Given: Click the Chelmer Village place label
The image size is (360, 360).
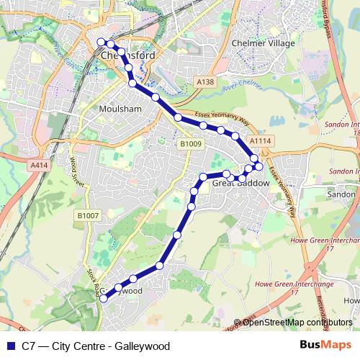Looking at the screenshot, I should tap(264, 43).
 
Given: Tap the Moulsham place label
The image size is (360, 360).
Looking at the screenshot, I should tap(114, 109).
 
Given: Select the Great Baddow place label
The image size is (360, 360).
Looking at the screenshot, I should tap(241, 184).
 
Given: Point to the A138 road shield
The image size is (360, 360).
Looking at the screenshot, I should tap(205, 83).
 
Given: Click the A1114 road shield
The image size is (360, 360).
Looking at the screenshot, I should tap(261, 140).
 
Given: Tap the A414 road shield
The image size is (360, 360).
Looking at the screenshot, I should tap(40, 165).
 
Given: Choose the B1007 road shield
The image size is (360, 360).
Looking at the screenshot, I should tap(87, 215).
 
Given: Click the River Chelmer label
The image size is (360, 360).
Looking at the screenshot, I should tap(240, 88).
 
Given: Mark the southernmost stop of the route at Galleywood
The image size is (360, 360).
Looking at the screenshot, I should tap(102, 300).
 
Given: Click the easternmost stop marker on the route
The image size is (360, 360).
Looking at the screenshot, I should tap(258, 167).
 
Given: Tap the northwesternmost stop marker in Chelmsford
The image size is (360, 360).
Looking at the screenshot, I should tap(101, 42).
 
